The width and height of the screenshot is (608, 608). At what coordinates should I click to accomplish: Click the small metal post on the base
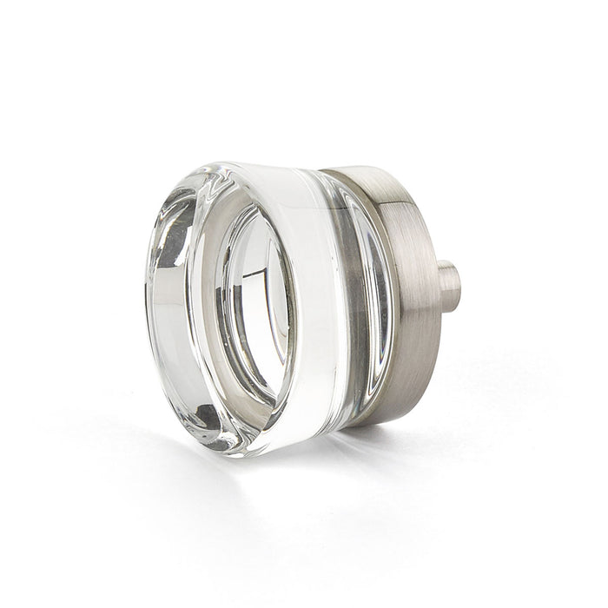(x=447, y=287)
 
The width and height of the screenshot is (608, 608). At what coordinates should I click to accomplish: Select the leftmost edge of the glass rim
(x=145, y=313)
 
